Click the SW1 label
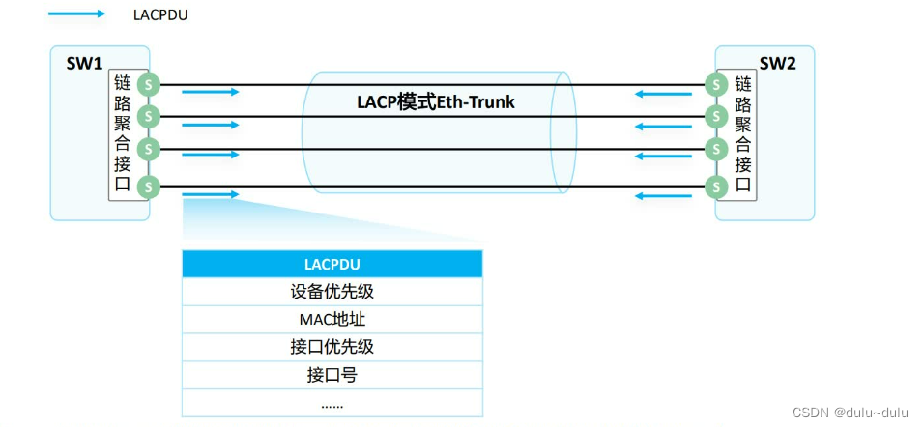point(84,64)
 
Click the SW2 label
point(778,64)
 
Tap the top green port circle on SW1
point(147,85)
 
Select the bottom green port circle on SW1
point(147,186)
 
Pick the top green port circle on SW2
point(715,85)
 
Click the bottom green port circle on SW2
point(715,186)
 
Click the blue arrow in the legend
point(77,14)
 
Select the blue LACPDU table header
point(332,264)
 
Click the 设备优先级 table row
point(332,292)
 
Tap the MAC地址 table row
point(332,320)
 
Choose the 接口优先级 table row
point(332,347)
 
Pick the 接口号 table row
point(332,375)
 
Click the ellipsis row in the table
point(332,403)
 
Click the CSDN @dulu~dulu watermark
point(851,413)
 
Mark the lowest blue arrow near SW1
point(210,195)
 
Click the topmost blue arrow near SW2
point(664,94)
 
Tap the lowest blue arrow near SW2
point(664,196)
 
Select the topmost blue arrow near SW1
point(210,93)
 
